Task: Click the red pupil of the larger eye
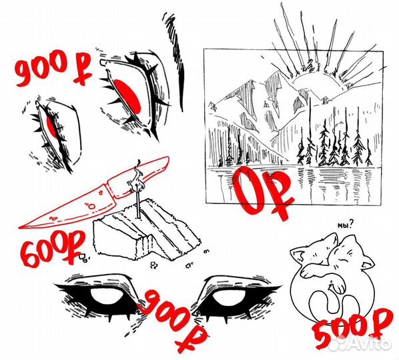127,96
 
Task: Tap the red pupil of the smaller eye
52,127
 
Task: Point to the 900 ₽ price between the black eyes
173,321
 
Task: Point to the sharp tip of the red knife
20,227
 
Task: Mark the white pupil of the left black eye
107,296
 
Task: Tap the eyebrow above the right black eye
238,280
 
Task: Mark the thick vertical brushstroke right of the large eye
181,76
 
